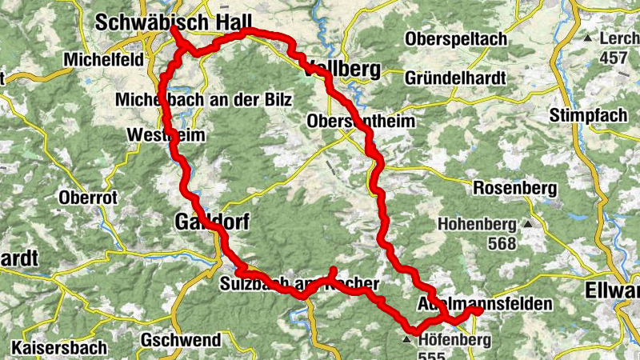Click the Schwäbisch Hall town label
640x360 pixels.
click(174, 22)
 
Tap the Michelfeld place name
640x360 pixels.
click(104, 60)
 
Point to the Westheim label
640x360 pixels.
click(166, 136)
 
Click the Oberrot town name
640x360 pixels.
click(87, 197)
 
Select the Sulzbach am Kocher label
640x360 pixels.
click(298, 283)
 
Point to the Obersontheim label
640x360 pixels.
click(362, 122)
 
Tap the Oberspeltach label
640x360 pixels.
click(455, 39)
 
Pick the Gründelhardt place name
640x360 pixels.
click(454, 78)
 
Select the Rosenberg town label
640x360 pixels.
click(514, 188)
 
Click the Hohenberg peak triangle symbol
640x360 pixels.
click(527, 224)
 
